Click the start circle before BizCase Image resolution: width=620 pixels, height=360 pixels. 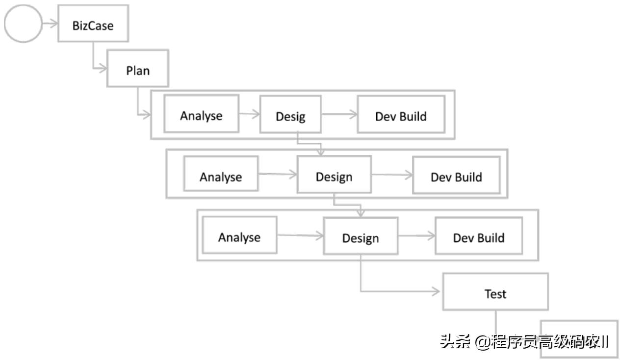coord(23,23)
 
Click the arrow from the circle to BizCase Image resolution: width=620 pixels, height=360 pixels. coord(51,23)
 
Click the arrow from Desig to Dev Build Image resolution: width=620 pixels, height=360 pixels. coord(339,115)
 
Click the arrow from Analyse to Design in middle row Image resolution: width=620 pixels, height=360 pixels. coord(278,174)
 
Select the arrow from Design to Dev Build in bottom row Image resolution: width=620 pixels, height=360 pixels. coord(416,236)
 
